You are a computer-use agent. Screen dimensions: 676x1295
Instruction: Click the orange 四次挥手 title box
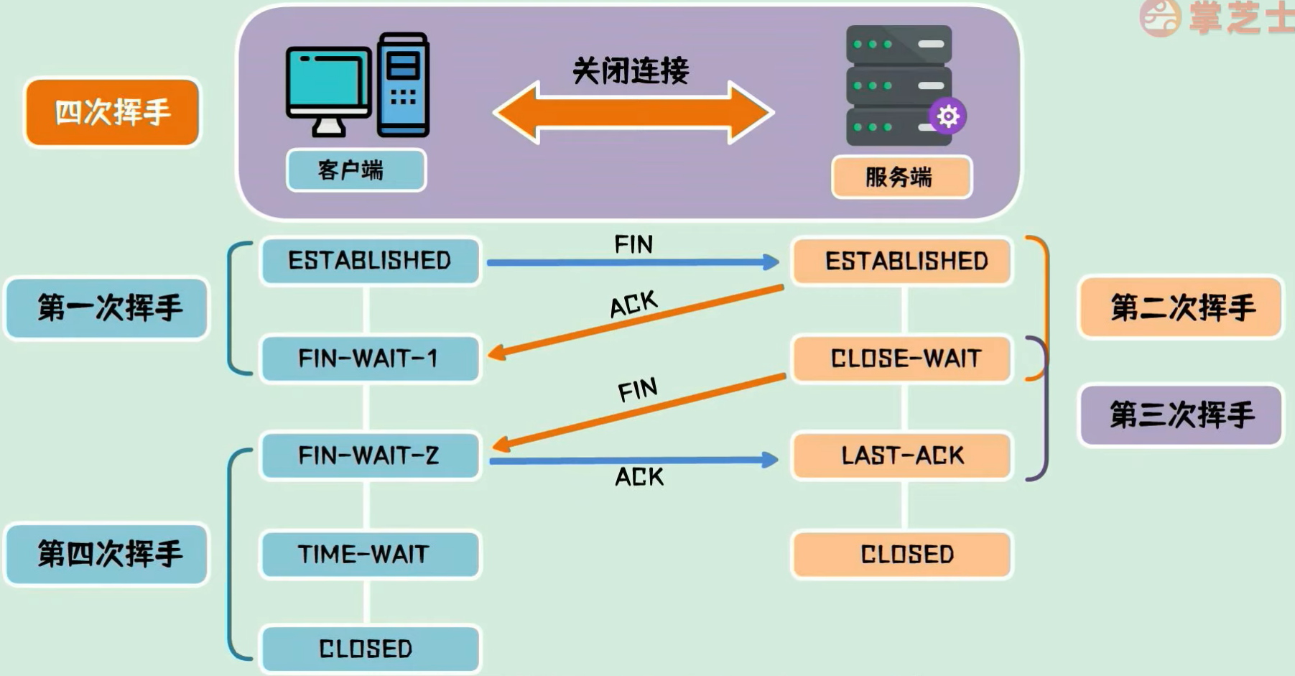(112, 113)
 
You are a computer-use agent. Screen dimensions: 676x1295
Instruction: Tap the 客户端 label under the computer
(356, 170)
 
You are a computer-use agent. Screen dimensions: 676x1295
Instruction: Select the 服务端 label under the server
(901, 177)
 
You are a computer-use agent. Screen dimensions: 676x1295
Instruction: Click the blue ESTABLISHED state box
(370, 261)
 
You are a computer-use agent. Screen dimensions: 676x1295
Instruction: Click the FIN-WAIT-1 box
(370, 358)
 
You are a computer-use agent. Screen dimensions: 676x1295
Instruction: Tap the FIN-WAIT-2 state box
(370, 455)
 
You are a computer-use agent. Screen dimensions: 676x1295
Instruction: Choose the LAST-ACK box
(903, 455)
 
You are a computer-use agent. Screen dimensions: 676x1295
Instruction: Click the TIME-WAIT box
(370, 554)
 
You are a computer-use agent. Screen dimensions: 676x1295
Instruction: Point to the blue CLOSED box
(370, 649)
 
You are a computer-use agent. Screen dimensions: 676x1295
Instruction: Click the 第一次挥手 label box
(107, 308)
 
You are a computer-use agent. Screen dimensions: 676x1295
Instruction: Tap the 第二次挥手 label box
(1181, 307)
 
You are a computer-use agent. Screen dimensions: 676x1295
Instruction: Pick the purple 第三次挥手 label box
(1181, 415)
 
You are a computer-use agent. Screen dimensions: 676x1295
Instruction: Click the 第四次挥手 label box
(107, 554)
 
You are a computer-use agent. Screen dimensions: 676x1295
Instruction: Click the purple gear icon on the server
(947, 116)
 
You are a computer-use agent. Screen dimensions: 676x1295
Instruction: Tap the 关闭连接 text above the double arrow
(631, 71)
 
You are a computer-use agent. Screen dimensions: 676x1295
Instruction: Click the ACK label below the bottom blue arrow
(639, 477)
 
